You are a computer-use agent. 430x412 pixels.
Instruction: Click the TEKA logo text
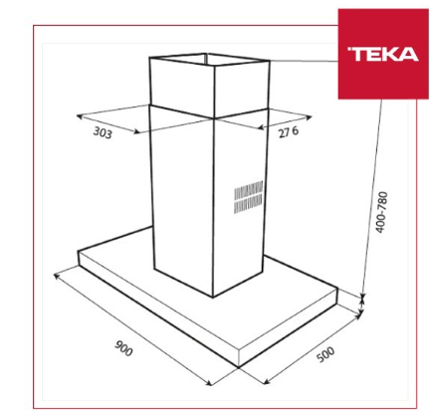click(383, 54)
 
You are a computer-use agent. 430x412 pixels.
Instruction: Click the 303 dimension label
click(103, 133)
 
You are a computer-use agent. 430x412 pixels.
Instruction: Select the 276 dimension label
click(289, 132)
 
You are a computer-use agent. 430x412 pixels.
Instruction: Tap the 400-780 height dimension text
click(381, 212)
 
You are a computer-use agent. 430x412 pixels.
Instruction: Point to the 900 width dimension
click(123, 348)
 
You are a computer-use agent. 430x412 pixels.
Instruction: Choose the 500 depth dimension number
click(325, 354)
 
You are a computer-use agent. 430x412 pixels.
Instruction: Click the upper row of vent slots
click(249, 191)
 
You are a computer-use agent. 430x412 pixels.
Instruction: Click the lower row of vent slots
click(248, 205)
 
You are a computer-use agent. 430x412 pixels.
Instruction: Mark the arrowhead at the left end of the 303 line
click(79, 116)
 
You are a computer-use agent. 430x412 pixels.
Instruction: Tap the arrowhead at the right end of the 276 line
click(309, 116)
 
